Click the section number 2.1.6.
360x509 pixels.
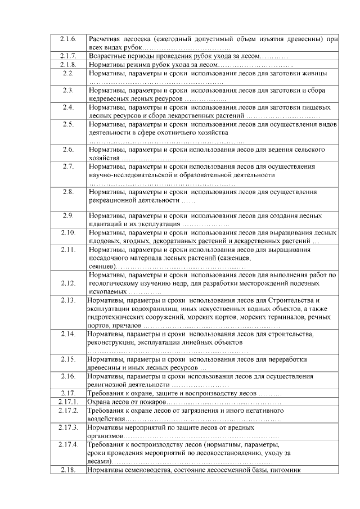point(68,39)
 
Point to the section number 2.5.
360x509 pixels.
point(68,124)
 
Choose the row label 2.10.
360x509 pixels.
point(68,232)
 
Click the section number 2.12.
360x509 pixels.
point(68,283)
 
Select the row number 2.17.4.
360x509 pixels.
point(68,444)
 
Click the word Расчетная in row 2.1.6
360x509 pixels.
point(105,39)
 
